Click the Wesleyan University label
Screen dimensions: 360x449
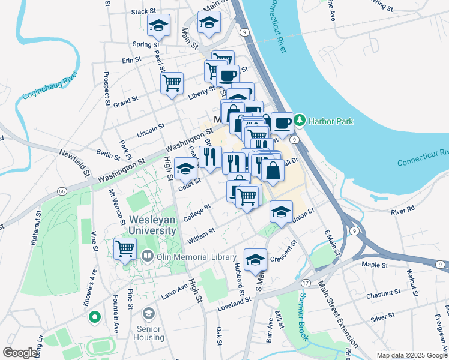tap(152, 225)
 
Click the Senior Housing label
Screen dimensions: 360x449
tap(148, 332)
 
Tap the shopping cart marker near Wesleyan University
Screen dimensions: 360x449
tap(125, 248)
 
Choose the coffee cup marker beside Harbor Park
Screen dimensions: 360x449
tap(282, 123)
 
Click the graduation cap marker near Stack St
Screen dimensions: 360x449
tap(158, 26)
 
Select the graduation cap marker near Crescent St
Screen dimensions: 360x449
tap(255, 259)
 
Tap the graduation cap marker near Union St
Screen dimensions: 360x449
tap(280, 211)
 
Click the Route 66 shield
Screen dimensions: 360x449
tap(62, 191)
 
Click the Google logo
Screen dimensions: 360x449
tap(20, 353)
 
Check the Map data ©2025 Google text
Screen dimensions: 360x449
tap(411, 355)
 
